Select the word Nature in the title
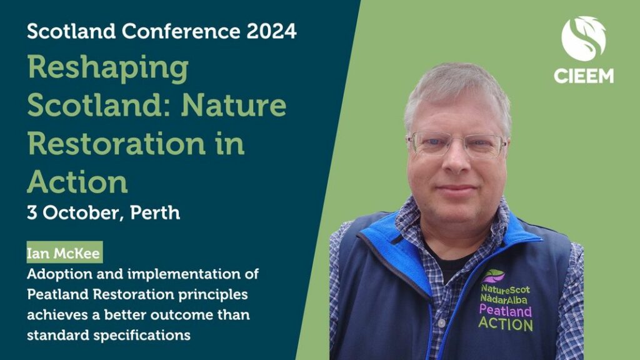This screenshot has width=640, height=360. coord(234,105)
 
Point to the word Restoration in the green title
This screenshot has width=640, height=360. coord(116,143)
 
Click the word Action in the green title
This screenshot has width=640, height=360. coord(77,182)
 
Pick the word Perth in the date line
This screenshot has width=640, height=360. coord(155,212)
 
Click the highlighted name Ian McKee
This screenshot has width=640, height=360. coord(64,253)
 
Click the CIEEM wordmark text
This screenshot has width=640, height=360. coord(584,76)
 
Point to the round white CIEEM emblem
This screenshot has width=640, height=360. coord(583,39)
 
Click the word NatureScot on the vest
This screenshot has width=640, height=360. coord(505,290)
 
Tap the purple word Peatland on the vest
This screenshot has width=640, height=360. coord(506,311)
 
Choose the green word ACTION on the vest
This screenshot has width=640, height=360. coord(506,324)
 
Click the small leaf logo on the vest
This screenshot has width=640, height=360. coord(493,276)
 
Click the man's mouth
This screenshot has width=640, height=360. coord(457,189)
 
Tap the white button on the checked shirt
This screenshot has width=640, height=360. coord(441,323)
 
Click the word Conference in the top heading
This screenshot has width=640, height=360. coord(181,31)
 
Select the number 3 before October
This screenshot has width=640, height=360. coord(32,212)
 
